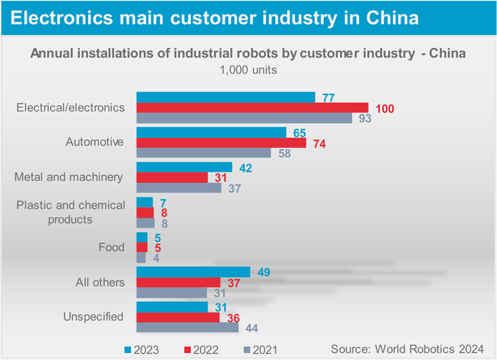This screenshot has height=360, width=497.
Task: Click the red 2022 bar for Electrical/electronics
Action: tap(252, 108)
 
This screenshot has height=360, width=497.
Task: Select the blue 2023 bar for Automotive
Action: tap(211, 132)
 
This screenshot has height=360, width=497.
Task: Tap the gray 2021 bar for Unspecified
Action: tap(187, 327)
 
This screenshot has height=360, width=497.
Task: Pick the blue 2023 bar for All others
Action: tap(193, 272)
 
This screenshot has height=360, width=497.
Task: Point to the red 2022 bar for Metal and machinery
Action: tap(172, 178)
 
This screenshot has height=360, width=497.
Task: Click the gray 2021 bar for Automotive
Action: tap(204, 153)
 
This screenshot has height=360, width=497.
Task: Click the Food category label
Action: tap(112, 247)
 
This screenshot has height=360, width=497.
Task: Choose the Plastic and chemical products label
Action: tap(71, 212)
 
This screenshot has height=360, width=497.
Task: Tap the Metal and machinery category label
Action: tap(68, 177)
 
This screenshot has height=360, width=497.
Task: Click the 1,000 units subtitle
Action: tap(248, 70)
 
